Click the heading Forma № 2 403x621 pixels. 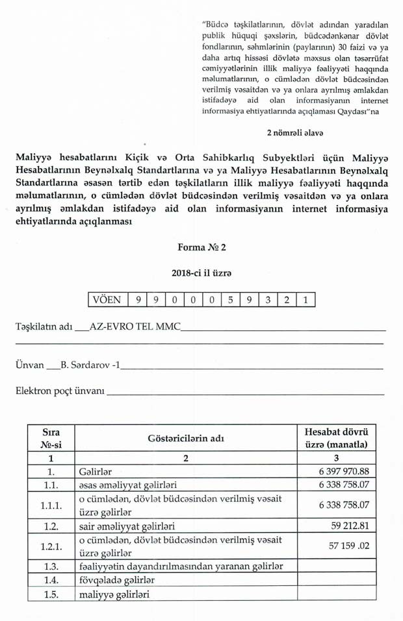pos(201,247)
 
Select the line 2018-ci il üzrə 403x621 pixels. pos(201,274)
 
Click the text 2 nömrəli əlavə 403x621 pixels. pos(296,133)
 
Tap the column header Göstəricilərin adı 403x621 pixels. pos(185,438)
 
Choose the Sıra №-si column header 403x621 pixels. pos(51,438)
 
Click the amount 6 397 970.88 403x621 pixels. pos(344,472)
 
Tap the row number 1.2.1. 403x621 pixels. pos(51,546)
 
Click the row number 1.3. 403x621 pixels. pos(51,566)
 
